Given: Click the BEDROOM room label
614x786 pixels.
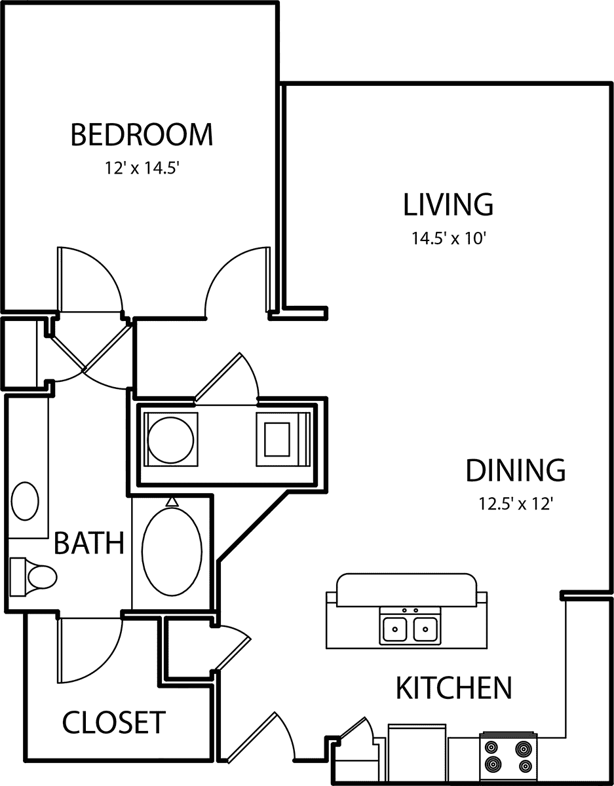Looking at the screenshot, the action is (x=142, y=134).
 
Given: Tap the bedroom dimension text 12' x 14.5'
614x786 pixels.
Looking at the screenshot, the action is (x=142, y=168).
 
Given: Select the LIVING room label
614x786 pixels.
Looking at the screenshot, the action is (x=448, y=205).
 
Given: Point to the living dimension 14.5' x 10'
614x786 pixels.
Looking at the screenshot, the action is (x=449, y=238).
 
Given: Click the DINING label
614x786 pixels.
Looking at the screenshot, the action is (x=516, y=470).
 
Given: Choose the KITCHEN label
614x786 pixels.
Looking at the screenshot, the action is (x=454, y=688).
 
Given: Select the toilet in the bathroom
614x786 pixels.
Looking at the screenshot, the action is (x=33, y=577).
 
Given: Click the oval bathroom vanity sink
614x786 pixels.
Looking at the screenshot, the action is (x=25, y=501).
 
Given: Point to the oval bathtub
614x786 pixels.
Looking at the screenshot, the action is (x=172, y=552).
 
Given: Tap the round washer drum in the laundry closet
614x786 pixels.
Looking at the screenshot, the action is (x=171, y=440).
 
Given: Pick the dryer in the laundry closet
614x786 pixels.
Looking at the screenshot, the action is (x=284, y=440).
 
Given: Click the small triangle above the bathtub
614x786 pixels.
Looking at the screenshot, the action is (x=172, y=502).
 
